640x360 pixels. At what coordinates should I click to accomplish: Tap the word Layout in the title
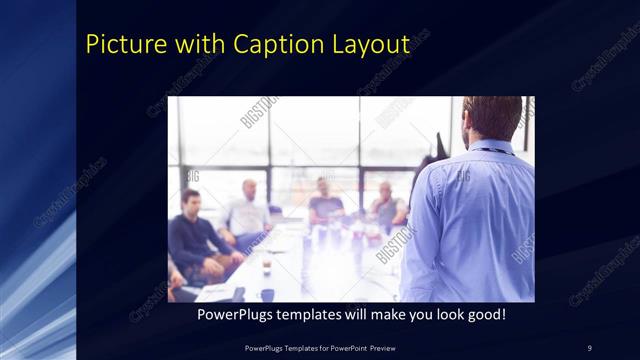click(x=369, y=45)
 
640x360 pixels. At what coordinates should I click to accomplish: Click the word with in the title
click(x=199, y=45)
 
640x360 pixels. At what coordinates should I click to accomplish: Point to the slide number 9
click(x=589, y=347)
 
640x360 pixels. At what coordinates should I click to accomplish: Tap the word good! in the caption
click(x=483, y=315)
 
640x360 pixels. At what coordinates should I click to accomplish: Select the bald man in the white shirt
click(x=248, y=210)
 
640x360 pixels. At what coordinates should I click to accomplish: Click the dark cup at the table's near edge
click(x=267, y=294)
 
